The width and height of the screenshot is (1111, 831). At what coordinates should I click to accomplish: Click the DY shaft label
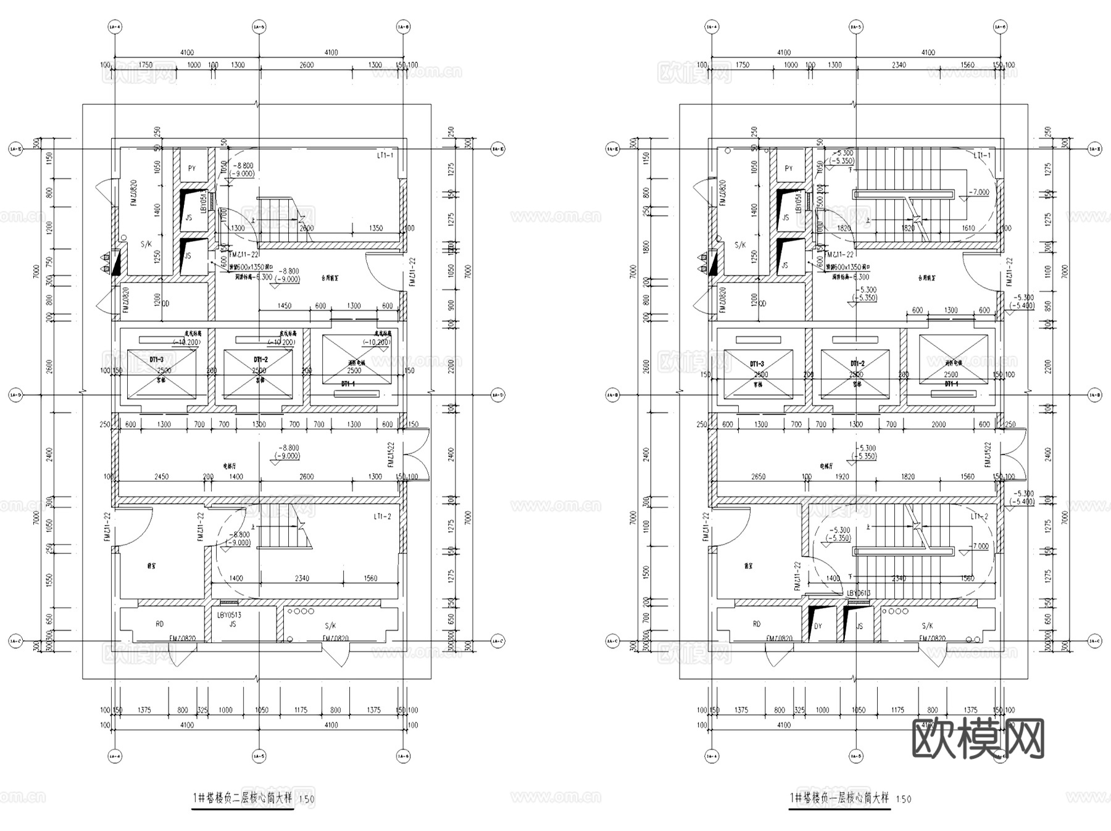(x=818, y=626)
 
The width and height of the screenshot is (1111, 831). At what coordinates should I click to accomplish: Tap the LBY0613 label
(x=859, y=593)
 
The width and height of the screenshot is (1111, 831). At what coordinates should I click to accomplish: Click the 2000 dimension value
(x=938, y=424)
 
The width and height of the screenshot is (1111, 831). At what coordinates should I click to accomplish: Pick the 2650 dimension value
(x=758, y=477)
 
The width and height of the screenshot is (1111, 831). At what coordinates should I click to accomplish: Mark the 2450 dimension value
(x=161, y=477)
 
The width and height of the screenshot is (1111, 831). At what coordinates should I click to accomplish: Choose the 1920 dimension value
(x=842, y=477)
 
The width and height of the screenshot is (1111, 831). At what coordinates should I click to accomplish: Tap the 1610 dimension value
(x=968, y=228)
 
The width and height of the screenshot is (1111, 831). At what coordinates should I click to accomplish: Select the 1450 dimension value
(x=285, y=306)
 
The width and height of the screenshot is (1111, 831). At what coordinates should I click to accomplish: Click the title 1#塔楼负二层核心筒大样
(x=242, y=798)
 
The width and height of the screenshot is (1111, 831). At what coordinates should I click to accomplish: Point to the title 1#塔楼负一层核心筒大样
(x=839, y=798)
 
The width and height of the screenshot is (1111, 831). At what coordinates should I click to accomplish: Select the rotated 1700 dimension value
(x=224, y=216)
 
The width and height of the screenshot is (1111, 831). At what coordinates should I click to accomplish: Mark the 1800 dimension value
(x=646, y=247)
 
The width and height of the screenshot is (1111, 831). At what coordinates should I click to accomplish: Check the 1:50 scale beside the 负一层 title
(x=903, y=800)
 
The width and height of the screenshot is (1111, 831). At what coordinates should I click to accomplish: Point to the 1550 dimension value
(x=50, y=581)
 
